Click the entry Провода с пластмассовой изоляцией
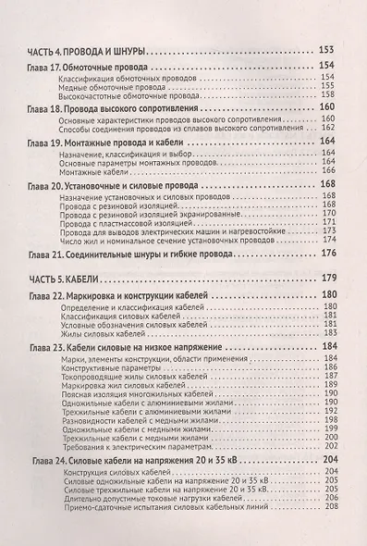(x=130, y=222)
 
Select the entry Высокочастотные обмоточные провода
(x=124, y=98)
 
